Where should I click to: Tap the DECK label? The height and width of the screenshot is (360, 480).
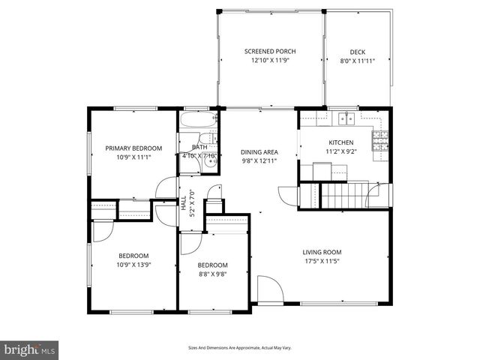point(357,51)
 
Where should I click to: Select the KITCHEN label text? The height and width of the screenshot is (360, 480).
point(340,142)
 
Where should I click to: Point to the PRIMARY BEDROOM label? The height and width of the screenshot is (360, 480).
point(133,148)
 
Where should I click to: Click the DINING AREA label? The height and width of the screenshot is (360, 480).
point(259,151)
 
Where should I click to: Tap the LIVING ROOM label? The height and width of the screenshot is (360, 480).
point(322,252)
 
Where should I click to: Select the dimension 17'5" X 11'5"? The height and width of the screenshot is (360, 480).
point(322,262)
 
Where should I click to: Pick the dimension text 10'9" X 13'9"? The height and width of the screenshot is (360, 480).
point(133,265)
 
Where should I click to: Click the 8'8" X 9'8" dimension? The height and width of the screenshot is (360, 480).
point(212,275)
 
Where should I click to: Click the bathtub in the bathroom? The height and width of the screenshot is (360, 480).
point(197,118)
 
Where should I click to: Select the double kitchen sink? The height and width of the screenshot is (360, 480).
point(345,118)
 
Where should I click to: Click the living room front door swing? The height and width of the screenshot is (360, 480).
point(268,289)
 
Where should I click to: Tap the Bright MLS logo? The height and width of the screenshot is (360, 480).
point(30,349)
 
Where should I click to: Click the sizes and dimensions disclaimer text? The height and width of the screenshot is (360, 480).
point(239,348)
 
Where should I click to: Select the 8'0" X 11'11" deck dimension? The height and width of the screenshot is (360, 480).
point(357,61)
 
